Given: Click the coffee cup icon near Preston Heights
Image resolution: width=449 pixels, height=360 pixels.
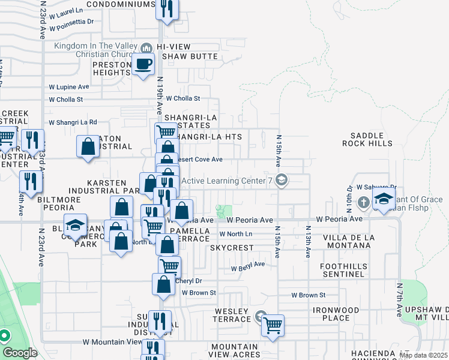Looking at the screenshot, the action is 143,64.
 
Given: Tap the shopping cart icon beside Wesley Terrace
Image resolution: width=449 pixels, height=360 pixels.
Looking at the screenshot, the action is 273,325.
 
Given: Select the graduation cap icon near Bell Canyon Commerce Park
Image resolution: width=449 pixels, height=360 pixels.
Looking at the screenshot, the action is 74,226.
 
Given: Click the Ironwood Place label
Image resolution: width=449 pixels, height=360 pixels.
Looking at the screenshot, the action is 336,314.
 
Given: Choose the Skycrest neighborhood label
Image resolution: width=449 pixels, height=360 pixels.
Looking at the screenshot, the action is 232,248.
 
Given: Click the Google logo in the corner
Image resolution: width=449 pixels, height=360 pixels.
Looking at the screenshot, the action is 20,353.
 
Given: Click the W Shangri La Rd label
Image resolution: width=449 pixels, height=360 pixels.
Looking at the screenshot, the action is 73,122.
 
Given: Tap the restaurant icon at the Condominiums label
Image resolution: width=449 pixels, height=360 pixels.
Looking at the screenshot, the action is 166,8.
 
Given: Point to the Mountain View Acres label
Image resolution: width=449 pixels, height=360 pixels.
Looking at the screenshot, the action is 235,350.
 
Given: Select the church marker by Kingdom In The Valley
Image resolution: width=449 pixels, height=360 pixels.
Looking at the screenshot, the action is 146,47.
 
